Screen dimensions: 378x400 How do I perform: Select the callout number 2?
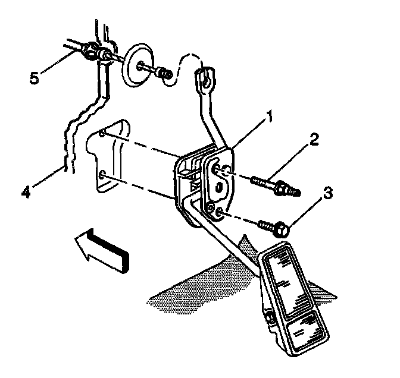click(314, 140)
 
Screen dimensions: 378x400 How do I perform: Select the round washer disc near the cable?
click(136, 64)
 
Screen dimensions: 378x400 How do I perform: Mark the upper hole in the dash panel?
click(103, 133)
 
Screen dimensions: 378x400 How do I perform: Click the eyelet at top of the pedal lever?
click(204, 76)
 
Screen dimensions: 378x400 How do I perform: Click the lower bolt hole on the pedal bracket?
click(220, 212)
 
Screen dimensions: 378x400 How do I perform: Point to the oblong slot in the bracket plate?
click(219, 188)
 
